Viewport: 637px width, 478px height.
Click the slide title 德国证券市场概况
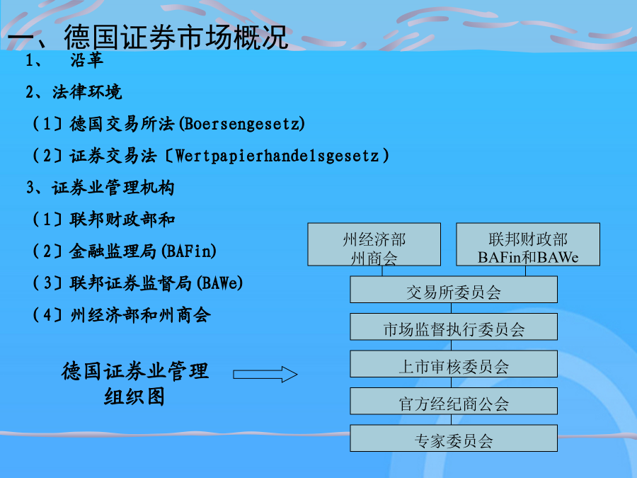[147, 37]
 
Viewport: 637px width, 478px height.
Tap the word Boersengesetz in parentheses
[242, 123]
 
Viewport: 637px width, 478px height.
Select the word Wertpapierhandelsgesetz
[277, 156]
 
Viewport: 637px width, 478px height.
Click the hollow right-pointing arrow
[265, 375]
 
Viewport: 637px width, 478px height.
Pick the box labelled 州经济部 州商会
[374, 244]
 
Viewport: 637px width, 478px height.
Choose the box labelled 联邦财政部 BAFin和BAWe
[528, 244]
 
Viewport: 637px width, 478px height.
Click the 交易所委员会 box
[454, 290]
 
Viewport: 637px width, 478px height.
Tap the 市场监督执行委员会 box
[454, 326]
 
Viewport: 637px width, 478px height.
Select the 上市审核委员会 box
[454, 364]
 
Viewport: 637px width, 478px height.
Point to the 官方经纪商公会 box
[454, 402]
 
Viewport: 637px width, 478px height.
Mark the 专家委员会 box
[454, 438]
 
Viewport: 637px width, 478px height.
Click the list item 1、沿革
[64, 61]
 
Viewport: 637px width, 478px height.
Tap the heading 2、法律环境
[74, 92]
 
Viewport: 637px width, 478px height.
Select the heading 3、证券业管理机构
[100, 188]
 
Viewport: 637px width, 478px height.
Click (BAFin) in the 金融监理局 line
[189, 251]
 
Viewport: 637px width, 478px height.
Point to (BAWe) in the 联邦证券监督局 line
[220, 283]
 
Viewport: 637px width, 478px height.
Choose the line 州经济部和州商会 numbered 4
[122, 314]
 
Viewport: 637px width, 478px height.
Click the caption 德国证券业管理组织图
[135, 384]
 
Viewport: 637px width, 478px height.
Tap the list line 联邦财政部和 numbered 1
[103, 220]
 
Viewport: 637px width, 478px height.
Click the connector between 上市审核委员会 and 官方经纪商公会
[452, 382]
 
